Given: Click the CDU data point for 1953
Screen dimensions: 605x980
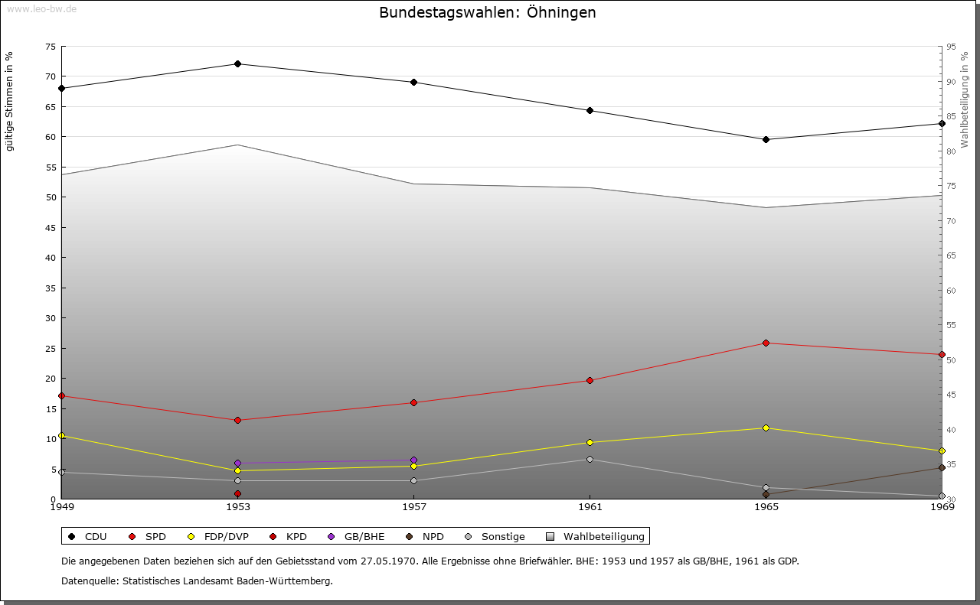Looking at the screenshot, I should pyautogui.click(x=238, y=63).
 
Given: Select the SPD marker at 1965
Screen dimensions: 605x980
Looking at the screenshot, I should pyautogui.click(x=766, y=343).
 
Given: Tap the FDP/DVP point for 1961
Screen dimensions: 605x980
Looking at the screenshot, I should pyautogui.click(x=590, y=442).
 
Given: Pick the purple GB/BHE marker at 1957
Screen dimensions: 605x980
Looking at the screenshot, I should pyautogui.click(x=414, y=460).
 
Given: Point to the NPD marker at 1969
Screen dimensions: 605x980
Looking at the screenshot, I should pyautogui.click(x=942, y=467).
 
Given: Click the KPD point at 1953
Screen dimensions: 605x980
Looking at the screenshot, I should pyautogui.click(x=238, y=493).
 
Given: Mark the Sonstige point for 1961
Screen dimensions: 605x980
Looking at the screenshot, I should pyautogui.click(x=590, y=459).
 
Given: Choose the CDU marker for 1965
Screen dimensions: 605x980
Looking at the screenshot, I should pyautogui.click(x=766, y=139).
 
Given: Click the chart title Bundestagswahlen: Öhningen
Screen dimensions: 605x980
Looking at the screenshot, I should pyautogui.click(x=487, y=13).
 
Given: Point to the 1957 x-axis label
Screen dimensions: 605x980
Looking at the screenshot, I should pyautogui.click(x=414, y=506).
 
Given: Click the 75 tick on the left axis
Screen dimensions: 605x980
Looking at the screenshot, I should pyautogui.click(x=50, y=47).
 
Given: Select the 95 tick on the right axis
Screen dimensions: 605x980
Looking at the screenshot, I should pyautogui.click(x=951, y=47).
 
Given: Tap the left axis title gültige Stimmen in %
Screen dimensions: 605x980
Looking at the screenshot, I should pyautogui.click(x=10, y=101).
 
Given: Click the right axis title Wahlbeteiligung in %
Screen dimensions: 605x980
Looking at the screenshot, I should pyautogui.click(x=965, y=99).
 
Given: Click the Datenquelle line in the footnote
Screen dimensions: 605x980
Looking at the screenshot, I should pyautogui.click(x=197, y=581).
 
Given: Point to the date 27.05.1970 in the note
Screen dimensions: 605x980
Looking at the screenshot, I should pyautogui.click(x=388, y=561).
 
